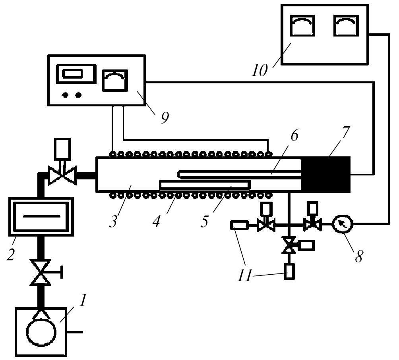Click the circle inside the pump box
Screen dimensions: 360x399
click(x=41, y=331)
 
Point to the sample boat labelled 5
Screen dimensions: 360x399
click(x=205, y=185)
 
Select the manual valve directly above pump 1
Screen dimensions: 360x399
click(x=41, y=273)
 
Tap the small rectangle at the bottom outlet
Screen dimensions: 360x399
click(x=290, y=271)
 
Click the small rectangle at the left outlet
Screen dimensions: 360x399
click(x=238, y=226)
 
